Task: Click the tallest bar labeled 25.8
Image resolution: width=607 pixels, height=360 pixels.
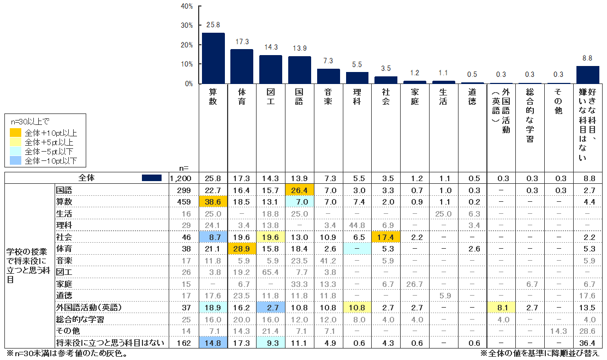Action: pos(213,58)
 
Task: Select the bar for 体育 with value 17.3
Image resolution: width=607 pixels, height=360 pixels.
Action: pos(242,67)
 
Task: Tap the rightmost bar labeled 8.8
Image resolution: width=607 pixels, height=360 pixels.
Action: pos(587,75)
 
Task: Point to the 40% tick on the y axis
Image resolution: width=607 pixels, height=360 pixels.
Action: pos(187,6)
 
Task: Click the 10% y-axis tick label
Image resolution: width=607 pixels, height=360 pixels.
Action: pos(187,64)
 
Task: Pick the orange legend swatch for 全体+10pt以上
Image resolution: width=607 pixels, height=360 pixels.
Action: pos(15,133)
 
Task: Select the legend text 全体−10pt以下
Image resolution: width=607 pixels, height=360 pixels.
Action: pos(51,160)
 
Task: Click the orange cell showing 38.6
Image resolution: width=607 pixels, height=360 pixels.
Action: pos(213,202)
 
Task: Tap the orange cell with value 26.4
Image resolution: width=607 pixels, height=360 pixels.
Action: pos(299,190)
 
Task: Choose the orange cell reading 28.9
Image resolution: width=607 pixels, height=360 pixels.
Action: pos(242,249)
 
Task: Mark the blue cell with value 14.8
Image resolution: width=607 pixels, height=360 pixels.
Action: pos(213,343)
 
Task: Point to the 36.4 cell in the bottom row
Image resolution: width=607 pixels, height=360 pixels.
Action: pos(587,343)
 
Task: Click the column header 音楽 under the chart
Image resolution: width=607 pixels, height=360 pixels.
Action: pos(328,97)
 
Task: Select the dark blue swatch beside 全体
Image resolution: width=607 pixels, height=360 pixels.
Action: pos(151,178)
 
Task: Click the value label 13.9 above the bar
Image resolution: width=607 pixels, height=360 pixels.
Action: pos(299,49)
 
